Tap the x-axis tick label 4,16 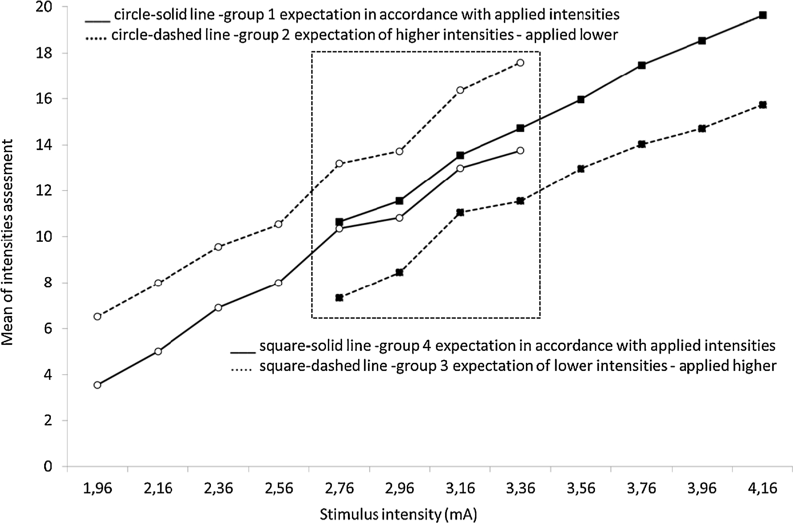tap(762, 488)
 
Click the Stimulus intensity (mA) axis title tap(398, 514)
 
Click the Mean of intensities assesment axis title tap(8, 243)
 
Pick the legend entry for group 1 tap(352, 15)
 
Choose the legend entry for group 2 tap(351, 35)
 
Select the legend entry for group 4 tap(503, 346)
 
